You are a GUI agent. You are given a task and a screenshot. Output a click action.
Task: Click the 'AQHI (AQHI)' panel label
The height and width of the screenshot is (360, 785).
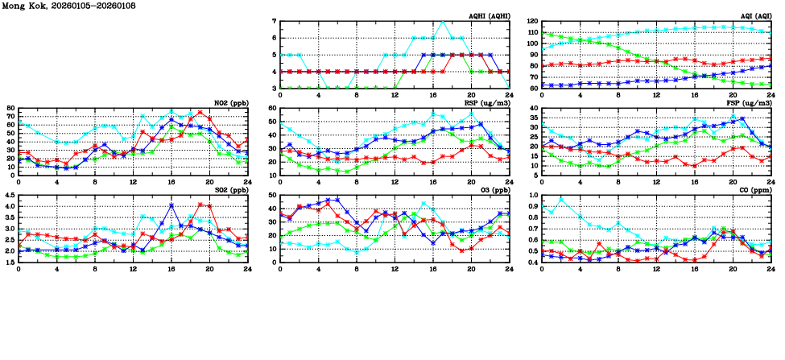tap(488, 15)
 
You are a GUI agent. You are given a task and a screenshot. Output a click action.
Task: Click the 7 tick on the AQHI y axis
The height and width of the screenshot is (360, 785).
tap(275, 21)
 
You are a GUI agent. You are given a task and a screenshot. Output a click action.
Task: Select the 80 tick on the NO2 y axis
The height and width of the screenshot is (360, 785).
tap(10, 108)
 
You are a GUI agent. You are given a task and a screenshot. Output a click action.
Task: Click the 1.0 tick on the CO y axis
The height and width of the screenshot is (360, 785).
tap(533, 195)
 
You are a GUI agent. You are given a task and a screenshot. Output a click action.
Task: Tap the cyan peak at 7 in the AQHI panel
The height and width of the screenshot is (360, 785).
tap(442, 21)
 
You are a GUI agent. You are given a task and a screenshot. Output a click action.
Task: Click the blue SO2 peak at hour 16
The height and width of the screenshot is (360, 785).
tap(171, 205)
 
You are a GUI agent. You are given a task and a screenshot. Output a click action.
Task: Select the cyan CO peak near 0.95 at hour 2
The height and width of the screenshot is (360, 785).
tap(561, 199)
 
